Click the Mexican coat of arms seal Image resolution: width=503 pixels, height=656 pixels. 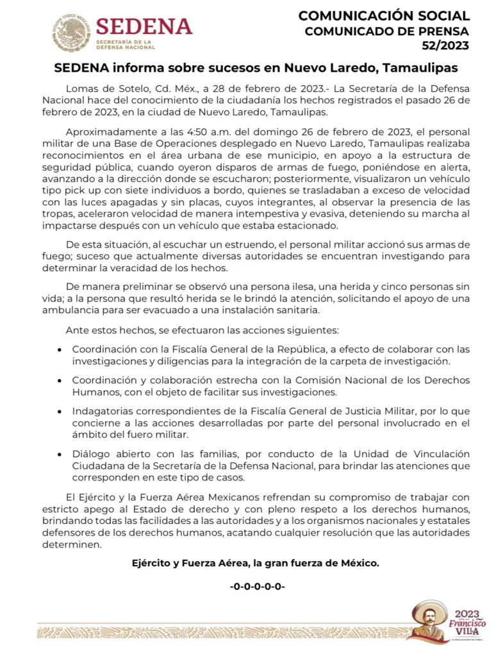coord(71,31)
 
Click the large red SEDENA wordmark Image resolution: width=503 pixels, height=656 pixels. coord(144,26)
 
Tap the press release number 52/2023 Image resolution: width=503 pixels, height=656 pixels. coord(445,46)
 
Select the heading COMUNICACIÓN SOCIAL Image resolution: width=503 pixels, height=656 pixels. coord(384,15)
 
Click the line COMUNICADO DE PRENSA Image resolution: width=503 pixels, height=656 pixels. coord(387,31)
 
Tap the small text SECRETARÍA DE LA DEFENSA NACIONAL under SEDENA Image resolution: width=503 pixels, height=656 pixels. coord(126,44)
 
